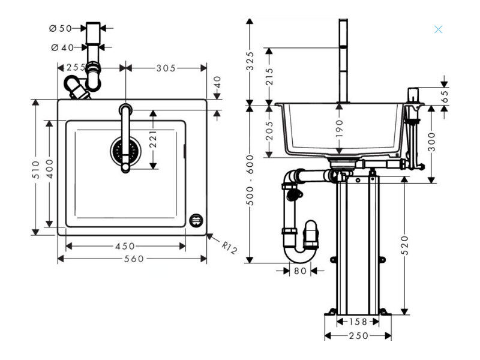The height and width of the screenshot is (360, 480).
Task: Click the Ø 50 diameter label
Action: (61, 28)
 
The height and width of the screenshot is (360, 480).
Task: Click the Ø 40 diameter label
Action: (63, 48)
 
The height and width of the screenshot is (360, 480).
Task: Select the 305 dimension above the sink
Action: (166, 68)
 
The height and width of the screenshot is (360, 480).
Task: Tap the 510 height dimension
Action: (36, 170)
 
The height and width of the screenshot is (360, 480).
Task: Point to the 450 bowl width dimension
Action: (125, 246)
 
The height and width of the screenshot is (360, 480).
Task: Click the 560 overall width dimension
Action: (134, 259)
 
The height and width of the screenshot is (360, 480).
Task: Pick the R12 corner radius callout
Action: (229, 247)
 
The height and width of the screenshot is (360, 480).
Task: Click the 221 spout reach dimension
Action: (153, 139)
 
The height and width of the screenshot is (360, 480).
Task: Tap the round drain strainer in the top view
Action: (125, 151)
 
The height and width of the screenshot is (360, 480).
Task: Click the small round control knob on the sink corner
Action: (196, 220)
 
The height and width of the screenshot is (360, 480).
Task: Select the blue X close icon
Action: (438, 29)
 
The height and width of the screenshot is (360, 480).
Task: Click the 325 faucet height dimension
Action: (250, 61)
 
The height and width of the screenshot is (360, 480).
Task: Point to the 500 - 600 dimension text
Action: (250, 180)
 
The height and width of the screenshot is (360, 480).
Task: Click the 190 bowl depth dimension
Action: (339, 128)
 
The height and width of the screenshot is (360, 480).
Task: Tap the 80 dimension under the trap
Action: (300, 271)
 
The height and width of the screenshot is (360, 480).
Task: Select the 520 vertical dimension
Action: (404, 245)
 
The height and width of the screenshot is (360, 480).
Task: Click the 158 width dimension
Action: (358, 322)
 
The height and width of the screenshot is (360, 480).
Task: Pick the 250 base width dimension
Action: (358, 336)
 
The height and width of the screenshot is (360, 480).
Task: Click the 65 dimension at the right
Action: (445, 96)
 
